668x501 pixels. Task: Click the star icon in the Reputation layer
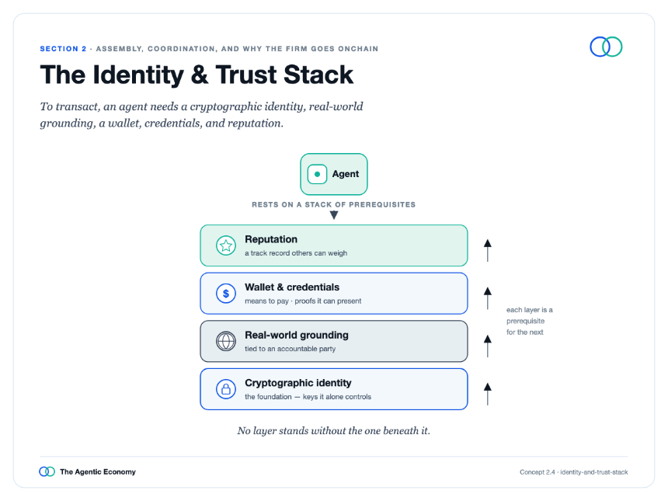click(226, 245)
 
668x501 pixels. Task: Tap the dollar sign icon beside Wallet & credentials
click(226, 294)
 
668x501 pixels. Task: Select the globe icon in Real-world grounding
click(226, 341)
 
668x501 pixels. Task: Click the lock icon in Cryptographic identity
click(226, 389)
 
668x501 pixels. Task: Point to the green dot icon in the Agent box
click(317, 174)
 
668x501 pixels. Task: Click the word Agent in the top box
click(346, 174)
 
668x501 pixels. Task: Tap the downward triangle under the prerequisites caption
click(334, 215)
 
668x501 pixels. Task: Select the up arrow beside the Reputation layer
click(488, 250)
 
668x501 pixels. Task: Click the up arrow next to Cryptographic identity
click(488, 394)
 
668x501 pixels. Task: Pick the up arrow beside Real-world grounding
click(488, 346)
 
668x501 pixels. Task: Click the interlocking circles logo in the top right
click(606, 47)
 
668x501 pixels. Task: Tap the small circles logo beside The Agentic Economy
click(47, 471)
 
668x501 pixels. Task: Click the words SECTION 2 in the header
click(63, 49)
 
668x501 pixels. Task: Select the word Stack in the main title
click(318, 75)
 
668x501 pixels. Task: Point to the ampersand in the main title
click(200, 75)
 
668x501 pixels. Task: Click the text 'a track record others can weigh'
click(296, 253)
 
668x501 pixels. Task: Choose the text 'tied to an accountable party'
click(291, 349)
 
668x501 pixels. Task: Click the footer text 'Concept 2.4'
click(538, 472)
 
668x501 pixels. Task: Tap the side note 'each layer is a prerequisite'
click(529, 315)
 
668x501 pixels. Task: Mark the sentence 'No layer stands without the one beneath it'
click(333, 431)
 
